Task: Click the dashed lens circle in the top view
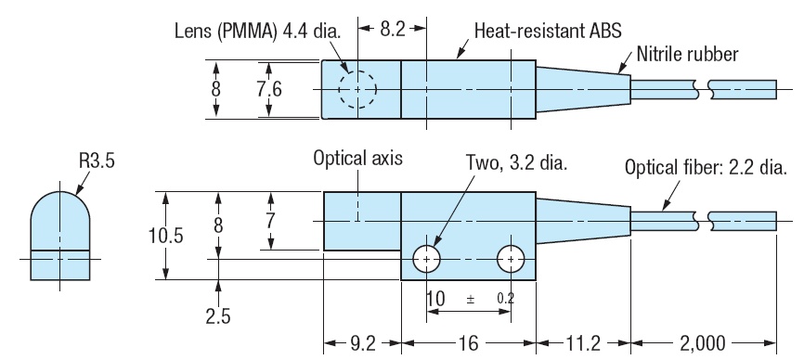point(357,90)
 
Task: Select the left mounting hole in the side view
point(427,260)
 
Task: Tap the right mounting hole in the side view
point(510,260)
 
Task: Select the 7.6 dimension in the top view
point(269,89)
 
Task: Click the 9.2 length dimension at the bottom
point(361,342)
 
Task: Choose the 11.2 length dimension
point(583,342)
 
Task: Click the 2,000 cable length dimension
point(704,342)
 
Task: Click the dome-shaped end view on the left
point(59,236)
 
